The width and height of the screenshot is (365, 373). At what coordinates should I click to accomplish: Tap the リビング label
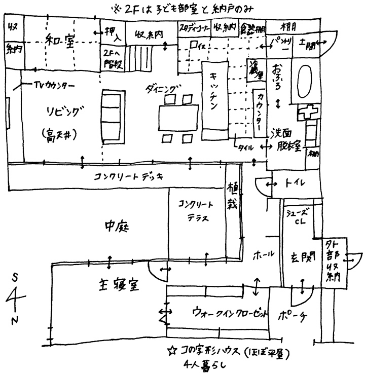62,111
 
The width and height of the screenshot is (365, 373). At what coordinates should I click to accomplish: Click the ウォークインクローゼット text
229,313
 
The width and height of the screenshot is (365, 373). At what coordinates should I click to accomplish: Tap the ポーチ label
293,315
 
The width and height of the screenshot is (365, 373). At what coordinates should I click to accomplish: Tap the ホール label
263,253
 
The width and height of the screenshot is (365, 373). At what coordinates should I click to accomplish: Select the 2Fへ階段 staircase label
112,59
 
